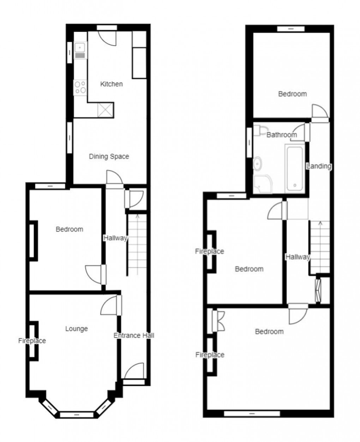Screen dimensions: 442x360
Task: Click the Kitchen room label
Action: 112,84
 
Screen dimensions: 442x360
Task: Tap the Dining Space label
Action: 109,156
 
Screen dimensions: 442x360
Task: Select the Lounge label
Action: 77,329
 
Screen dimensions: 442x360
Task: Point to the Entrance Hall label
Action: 134,335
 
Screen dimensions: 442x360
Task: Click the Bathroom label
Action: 281,135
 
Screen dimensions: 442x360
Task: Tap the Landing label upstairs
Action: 319,166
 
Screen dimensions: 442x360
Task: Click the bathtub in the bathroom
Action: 294,168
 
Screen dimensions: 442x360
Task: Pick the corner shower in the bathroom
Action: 261,184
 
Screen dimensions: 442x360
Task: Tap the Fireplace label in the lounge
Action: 32,341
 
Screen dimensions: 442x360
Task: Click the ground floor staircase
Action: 137,244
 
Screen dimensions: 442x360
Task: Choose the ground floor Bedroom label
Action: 70,229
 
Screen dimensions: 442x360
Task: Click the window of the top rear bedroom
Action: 290,29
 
